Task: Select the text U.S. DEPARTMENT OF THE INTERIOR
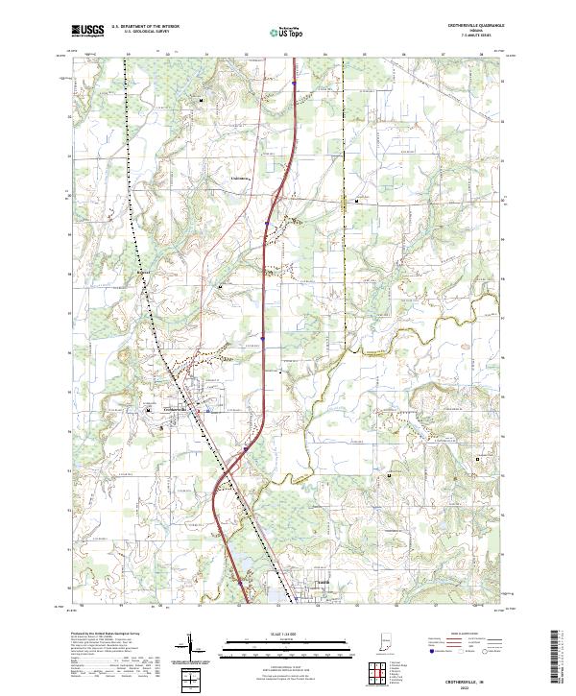click(143, 27)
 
